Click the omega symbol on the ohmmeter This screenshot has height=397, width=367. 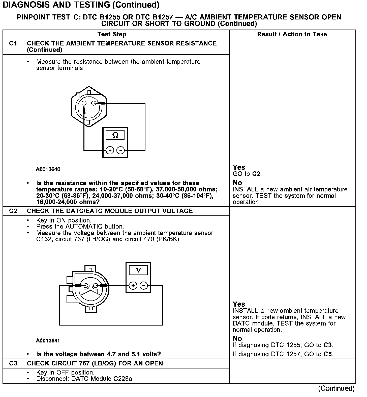[115, 135]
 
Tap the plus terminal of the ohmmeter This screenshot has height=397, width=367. [110, 151]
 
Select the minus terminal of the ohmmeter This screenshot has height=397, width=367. [121, 151]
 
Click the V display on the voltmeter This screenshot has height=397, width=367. [138, 270]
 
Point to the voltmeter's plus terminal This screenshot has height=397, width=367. [133, 286]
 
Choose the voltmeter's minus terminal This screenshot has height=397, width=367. [144, 286]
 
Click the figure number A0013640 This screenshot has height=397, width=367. [48, 169]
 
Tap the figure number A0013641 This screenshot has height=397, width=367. [48, 341]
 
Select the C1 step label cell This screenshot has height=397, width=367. [13, 44]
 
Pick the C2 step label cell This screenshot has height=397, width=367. [13, 211]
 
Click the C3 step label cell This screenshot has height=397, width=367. [13, 363]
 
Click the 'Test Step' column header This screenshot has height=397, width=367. [112, 34]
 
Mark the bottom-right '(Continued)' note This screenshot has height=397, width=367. [336, 388]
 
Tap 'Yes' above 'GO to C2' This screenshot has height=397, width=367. [239, 167]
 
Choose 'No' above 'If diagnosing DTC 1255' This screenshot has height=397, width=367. [237, 338]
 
